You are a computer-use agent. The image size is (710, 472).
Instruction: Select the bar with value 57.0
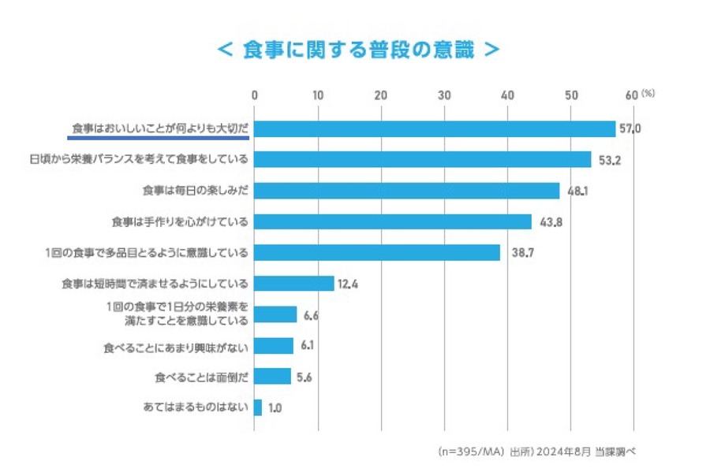pos(435,128)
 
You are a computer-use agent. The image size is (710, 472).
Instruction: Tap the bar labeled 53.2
pos(423,159)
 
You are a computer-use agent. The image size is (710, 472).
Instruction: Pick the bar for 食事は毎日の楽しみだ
pos(407,191)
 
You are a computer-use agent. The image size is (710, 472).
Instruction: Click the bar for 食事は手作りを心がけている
pos(393,221)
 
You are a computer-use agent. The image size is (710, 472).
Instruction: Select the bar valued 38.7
pos(377,252)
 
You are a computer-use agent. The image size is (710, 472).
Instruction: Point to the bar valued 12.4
pos(294,283)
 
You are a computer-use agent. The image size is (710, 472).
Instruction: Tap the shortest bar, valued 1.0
pos(258,407)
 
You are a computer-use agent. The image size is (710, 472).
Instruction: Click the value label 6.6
pos(311,315)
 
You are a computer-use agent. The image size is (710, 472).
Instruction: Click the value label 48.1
pos(577,191)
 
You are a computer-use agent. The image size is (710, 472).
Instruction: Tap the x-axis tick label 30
pos(444,95)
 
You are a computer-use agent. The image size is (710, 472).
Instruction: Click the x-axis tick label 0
pos(255,95)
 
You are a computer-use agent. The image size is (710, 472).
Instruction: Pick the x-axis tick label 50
pos(570,95)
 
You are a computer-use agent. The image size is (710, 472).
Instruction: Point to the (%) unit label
pos(648,93)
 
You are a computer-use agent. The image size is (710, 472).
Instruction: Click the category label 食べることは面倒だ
pos(202,377)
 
